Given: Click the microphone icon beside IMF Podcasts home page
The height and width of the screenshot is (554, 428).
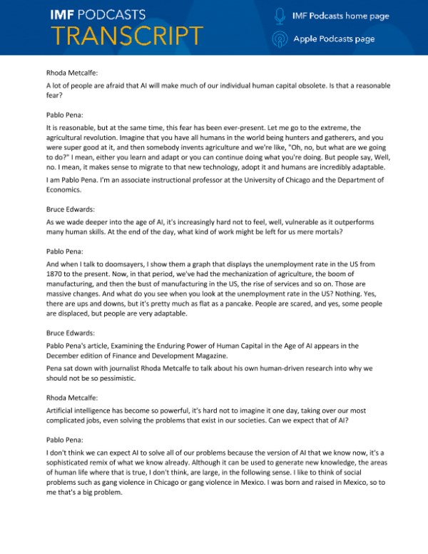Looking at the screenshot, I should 280,15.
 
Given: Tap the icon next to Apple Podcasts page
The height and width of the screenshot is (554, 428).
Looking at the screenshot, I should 280,39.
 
